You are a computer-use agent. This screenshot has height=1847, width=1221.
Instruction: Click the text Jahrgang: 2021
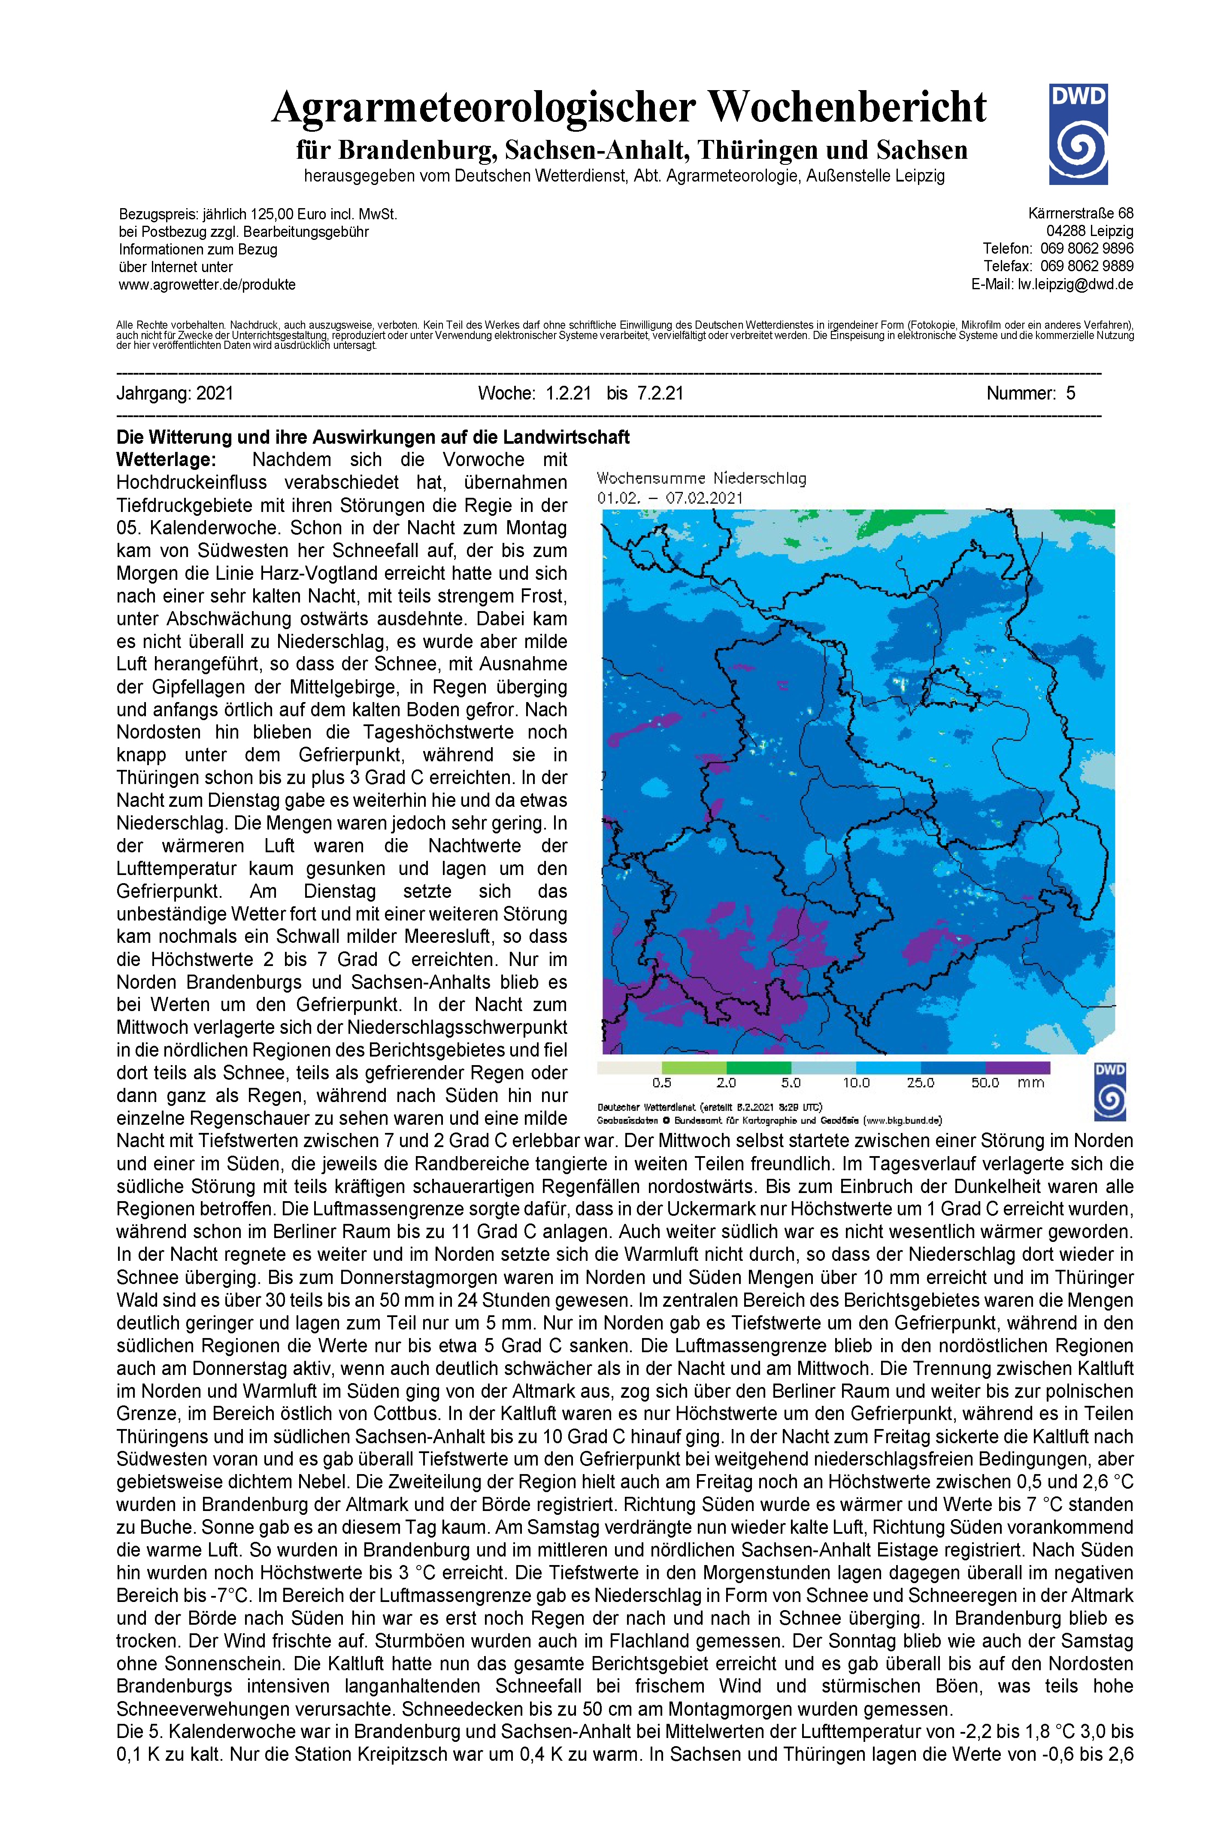point(175,393)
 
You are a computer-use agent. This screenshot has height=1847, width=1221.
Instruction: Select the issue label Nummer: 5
point(1030,393)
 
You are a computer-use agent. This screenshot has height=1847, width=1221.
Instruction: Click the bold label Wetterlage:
point(166,460)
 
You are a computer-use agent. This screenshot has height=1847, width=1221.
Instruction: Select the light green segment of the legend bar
point(694,1068)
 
